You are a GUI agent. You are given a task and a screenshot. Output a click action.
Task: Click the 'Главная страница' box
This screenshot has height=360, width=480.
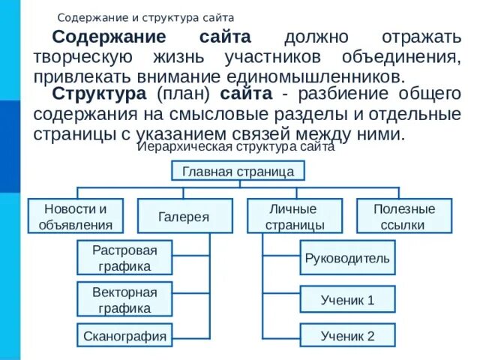[x=238, y=172]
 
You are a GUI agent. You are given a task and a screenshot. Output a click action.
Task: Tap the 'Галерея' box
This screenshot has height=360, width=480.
[x=184, y=216]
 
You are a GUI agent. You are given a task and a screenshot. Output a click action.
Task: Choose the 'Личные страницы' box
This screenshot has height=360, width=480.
[x=295, y=216]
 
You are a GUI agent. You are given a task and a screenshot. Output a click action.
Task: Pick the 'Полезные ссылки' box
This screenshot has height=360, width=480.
[x=403, y=216]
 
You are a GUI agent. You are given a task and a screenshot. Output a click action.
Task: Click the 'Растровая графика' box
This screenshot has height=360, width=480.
[x=125, y=258]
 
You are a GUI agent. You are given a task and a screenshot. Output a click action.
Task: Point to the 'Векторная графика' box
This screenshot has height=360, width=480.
[x=125, y=299]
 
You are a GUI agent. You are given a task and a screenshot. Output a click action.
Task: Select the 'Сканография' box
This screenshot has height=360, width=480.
[x=125, y=335]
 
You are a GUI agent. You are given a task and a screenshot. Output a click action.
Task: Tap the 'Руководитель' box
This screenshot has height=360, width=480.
[x=347, y=258]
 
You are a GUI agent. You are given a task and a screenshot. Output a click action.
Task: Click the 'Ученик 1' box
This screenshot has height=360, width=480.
[x=347, y=299]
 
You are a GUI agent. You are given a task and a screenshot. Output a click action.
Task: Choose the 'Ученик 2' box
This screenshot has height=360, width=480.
[x=347, y=335]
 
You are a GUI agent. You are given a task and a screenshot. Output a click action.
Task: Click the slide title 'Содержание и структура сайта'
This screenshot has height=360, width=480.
[x=146, y=16]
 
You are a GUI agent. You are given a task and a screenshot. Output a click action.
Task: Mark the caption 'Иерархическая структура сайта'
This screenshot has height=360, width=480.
[x=236, y=148]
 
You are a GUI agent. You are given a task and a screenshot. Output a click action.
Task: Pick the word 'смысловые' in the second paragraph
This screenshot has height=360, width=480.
[x=217, y=115]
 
